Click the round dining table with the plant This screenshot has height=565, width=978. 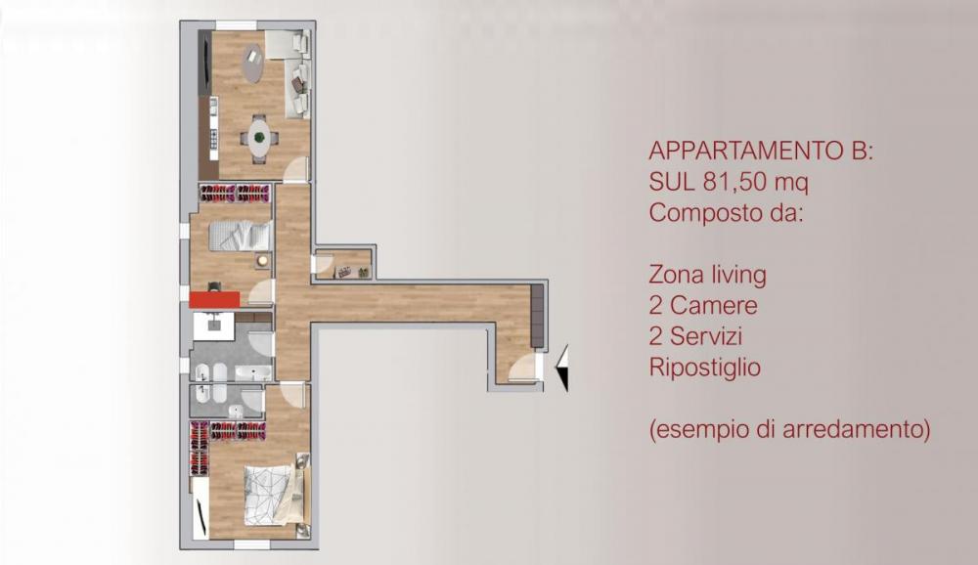point(259,135)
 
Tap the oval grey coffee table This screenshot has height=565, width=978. point(253,64)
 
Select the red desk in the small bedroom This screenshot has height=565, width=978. point(214,299)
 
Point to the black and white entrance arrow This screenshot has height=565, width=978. point(561,369)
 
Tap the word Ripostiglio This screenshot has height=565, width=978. point(704,369)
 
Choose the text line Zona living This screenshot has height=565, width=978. point(707,275)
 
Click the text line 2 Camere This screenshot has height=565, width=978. point(702,306)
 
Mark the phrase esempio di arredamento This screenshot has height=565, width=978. point(788,430)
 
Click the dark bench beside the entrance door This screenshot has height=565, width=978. point(536,316)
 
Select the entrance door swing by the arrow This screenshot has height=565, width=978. point(523,369)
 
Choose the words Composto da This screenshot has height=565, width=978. point(725,212)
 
